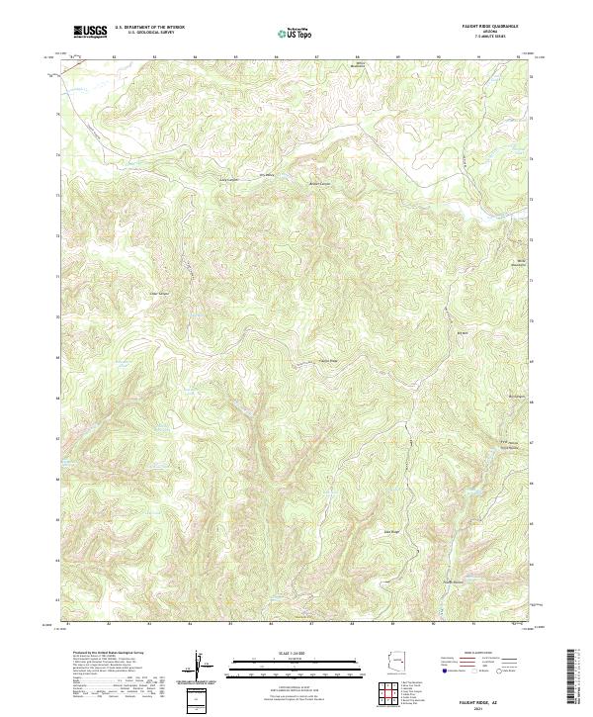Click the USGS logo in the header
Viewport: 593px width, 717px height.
click(x=90, y=32)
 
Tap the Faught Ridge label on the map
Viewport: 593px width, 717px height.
click(x=326, y=361)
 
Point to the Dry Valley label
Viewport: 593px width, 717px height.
click(x=266, y=175)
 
